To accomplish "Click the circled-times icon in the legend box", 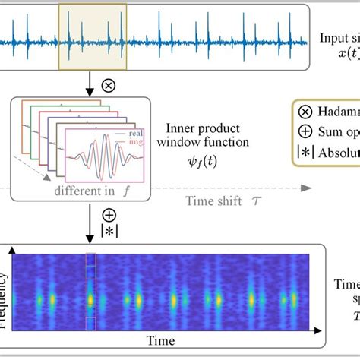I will tap(306, 108).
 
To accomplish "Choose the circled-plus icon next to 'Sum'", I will tap(306, 128).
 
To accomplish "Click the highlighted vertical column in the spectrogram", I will tap(91, 292).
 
